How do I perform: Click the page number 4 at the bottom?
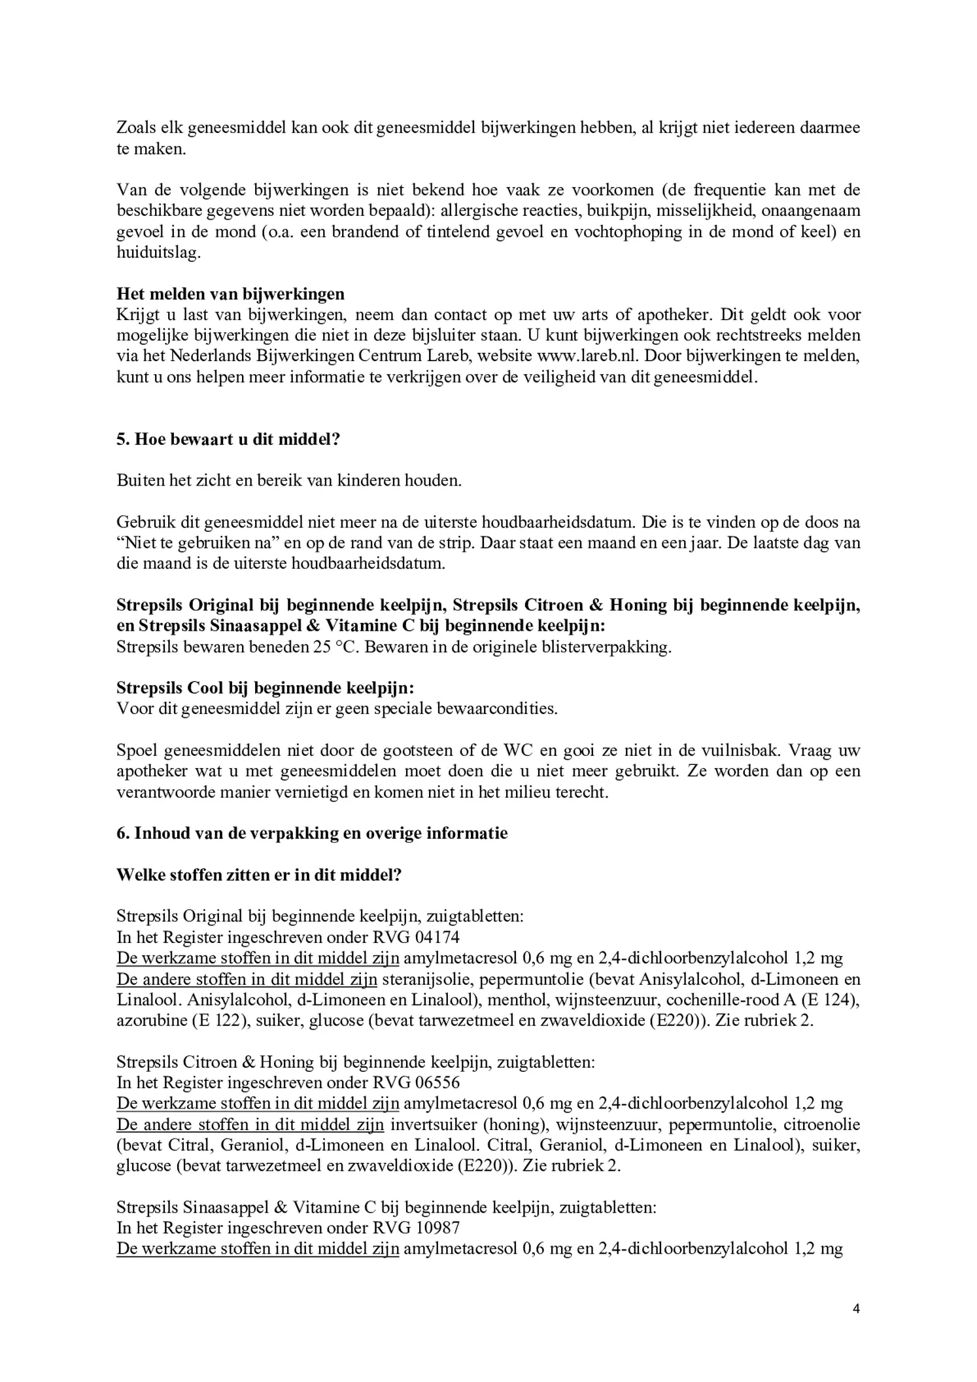[x=856, y=1309]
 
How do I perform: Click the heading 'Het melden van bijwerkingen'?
[x=230, y=293]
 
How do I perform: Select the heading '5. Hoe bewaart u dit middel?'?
[x=228, y=438]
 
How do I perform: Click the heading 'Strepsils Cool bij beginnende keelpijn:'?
[x=266, y=688]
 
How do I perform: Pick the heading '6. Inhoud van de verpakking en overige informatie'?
[x=312, y=833]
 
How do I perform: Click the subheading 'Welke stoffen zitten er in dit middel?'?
[x=259, y=875]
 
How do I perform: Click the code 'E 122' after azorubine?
[x=222, y=1021]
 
